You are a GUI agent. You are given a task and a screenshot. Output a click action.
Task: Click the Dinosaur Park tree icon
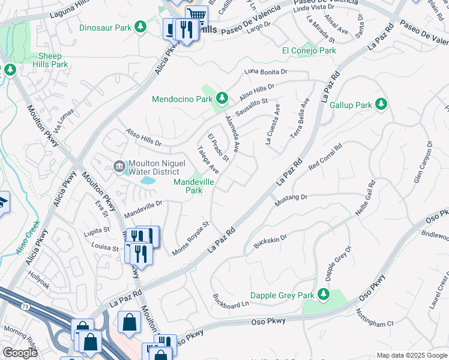[140, 27]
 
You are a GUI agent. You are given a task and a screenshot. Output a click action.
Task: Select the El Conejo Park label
[309, 51]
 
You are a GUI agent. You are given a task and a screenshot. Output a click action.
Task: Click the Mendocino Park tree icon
[221, 98]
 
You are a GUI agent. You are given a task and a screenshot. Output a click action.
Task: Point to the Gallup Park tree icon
[381, 105]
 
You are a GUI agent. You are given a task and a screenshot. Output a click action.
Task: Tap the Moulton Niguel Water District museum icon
[118, 166]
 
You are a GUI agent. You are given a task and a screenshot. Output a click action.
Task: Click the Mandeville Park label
[193, 186]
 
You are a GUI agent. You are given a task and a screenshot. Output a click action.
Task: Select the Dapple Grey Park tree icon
[324, 294]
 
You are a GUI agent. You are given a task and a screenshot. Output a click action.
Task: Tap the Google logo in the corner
[20, 353]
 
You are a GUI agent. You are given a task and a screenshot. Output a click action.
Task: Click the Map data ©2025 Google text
[411, 355]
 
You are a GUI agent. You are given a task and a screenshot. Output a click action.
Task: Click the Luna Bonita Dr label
[267, 71]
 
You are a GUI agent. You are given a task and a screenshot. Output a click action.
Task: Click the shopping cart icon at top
[196, 14]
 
